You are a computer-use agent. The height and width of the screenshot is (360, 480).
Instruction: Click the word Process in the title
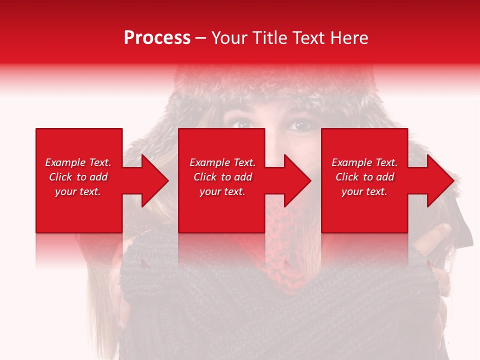tap(157, 38)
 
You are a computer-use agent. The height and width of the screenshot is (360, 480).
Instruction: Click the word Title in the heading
tap(270, 38)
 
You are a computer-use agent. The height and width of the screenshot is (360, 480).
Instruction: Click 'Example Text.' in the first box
tap(78, 162)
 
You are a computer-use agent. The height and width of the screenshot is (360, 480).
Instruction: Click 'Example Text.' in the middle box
tap(222, 162)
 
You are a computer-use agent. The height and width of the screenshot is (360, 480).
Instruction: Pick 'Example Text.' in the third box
tap(364, 162)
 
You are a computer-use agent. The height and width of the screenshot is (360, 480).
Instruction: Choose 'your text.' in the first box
tap(78, 191)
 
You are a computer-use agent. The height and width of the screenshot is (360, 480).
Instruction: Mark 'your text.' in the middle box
tap(222, 191)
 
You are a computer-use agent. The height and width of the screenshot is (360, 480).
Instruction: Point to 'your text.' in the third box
tap(364, 191)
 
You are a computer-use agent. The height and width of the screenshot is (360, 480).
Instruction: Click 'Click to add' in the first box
tap(78, 177)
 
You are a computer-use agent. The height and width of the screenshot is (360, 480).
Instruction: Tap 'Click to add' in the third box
tap(364, 177)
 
